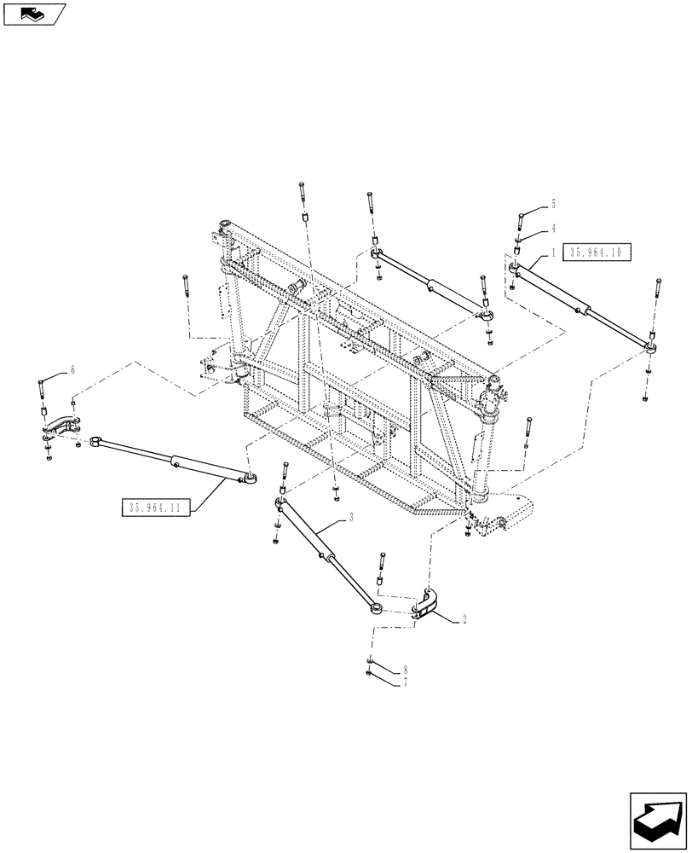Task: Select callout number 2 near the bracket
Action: pos(464,621)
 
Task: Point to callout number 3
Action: pos(350,518)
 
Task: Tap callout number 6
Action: pos(72,369)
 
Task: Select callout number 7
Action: pos(405,682)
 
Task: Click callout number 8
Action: pos(405,670)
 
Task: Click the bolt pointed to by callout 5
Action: pos(519,224)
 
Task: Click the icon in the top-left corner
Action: pos(34,14)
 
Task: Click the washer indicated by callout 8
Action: pos(367,663)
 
